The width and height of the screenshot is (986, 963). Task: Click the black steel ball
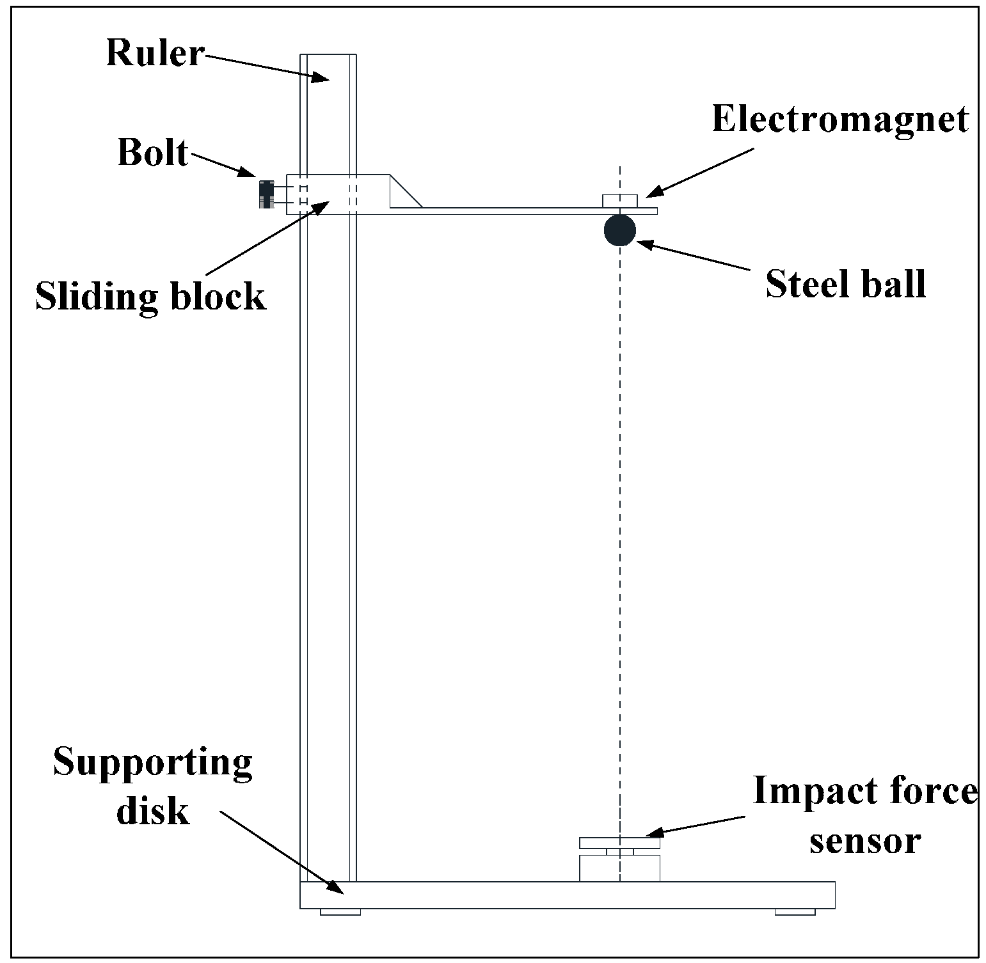(619, 230)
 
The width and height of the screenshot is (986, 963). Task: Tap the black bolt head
(266, 194)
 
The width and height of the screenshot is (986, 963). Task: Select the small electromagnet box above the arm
(619, 201)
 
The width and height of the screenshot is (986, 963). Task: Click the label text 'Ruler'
(154, 53)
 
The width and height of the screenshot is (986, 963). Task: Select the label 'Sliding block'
(150, 297)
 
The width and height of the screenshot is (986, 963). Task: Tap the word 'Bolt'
(153, 153)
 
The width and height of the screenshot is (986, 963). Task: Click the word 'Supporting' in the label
(153, 763)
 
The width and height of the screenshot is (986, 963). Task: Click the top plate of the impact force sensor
(619, 843)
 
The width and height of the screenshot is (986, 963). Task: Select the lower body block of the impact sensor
(619, 868)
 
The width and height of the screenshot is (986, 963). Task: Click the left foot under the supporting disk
(340, 911)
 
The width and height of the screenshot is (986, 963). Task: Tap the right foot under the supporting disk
(795, 911)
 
